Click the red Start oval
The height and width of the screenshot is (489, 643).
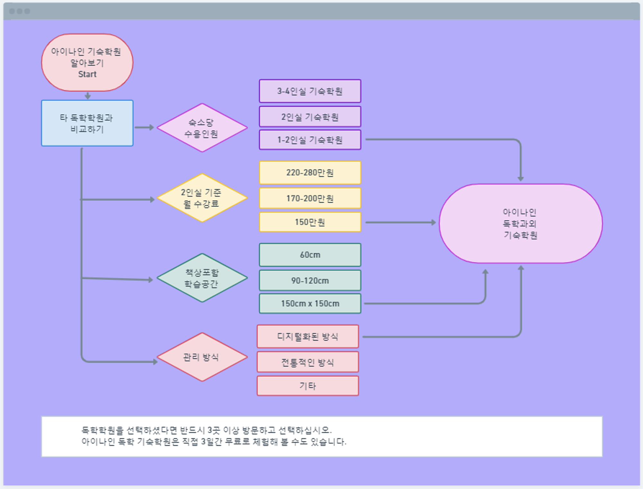87,62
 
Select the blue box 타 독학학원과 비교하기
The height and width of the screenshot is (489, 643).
87,123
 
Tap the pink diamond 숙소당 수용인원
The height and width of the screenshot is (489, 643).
202,128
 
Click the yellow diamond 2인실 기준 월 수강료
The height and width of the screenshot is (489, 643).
202,198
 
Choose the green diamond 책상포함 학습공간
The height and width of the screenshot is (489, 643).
202,278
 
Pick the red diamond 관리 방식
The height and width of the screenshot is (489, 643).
202,357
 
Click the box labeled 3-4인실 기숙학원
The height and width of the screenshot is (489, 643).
310,91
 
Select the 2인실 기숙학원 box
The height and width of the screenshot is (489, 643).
310,117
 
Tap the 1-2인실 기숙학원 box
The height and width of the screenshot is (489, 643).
310,140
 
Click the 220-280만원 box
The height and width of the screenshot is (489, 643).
310,173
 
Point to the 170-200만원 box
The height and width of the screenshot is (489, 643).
310,198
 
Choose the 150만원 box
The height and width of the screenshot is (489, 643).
310,222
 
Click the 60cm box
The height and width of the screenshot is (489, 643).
310,255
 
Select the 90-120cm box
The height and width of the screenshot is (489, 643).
310,280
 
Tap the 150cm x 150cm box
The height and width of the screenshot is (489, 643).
310,303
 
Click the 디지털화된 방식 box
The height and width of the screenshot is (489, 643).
308,337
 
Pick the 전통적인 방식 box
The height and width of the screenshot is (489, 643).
308,362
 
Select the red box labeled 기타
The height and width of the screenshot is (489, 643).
308,386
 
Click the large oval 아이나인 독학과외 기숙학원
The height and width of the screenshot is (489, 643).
521,223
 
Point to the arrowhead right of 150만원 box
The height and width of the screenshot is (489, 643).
434,222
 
